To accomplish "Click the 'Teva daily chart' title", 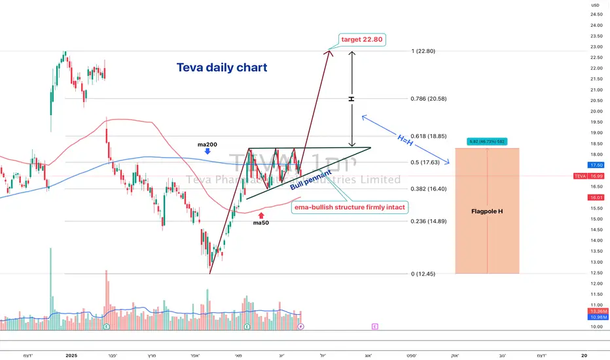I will click(x=222, y=67).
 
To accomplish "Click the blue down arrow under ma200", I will click(x=207, y=151).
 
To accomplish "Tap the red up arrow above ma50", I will click(x=261, y=214).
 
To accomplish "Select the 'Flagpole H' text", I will click(x=488, y=211).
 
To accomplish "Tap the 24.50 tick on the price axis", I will click(x=596, y=14).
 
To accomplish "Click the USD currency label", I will click(x=594, y=5).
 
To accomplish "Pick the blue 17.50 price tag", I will click(x=596, y=165).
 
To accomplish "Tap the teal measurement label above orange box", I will click(x=487, y=141).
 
